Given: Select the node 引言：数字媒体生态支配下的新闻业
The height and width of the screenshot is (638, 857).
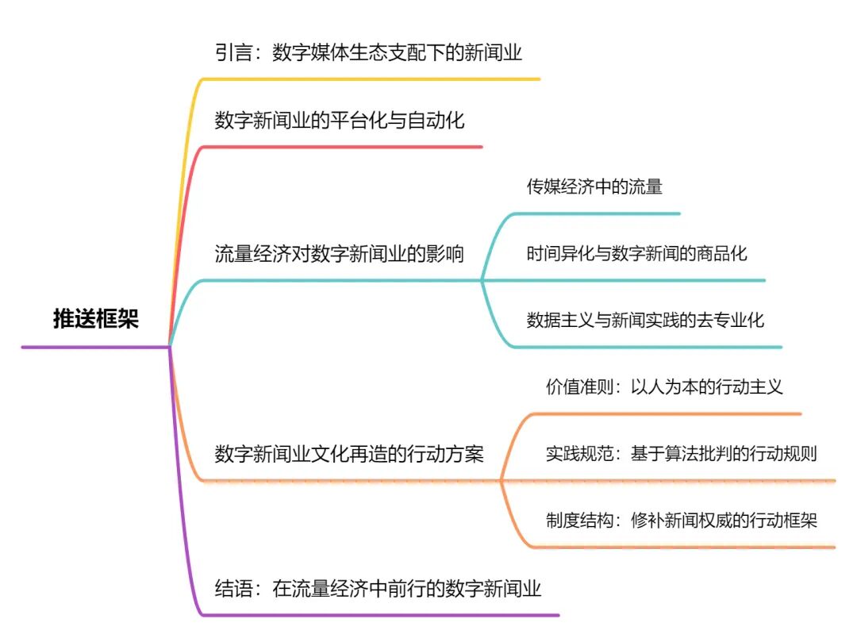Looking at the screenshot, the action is (x=368, y=53).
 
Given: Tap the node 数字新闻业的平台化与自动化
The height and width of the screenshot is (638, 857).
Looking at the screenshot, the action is (x=340, y=121).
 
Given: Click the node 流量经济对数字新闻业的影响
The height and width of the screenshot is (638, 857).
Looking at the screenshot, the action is (x=340, y=254).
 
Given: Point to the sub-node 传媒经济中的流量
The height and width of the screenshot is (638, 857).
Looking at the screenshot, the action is (x=594, y=187).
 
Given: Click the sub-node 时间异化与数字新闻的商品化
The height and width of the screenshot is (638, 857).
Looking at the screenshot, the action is (x=637, y=254).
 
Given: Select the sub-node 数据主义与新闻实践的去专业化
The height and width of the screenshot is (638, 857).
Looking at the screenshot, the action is (x=645, y=321).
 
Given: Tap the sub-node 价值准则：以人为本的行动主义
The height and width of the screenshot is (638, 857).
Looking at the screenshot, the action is (x=664, y=387).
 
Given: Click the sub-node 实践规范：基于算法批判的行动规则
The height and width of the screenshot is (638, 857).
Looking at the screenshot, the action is (x=681, y=454).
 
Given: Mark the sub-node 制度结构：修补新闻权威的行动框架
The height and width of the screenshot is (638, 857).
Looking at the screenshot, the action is (x=681, y=521).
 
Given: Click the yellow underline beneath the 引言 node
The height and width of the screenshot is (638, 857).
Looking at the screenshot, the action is (x=373, y=79).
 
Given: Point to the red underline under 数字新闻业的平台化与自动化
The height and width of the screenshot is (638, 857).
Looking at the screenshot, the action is (x=341, y=147).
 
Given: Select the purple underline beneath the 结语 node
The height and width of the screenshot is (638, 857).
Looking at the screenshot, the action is (x=381, y=615).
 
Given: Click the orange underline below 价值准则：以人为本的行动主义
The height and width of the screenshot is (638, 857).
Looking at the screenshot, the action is (x=667, y=413).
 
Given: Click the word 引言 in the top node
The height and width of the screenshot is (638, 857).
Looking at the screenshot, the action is (x=231, y=53).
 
